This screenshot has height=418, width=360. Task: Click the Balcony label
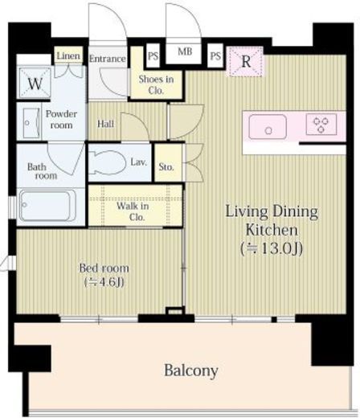point(191,371)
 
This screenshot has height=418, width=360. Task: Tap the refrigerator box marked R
point(245,62)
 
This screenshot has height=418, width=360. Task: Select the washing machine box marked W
point(35,84)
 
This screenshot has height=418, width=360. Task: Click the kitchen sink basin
point(268,127)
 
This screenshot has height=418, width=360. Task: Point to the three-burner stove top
point(321,124)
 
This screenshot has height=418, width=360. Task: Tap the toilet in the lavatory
point(107,162)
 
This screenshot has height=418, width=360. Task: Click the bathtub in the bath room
point(47,206)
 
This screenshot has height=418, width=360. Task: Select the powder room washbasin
point(31,123)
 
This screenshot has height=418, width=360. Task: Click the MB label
point(185,51)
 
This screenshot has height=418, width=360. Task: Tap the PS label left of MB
point(153,56)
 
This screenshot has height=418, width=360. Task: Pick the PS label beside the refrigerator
point(215,56)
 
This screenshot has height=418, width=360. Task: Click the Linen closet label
point(68,56)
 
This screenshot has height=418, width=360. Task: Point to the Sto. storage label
point(166,167)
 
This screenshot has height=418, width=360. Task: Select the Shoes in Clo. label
point(156,84)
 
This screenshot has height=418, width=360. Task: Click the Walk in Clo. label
point(133,211)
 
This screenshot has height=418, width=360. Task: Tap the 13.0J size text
point(272,248)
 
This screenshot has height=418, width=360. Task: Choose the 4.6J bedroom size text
point(104,282)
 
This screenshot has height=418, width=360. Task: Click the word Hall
point(105,124)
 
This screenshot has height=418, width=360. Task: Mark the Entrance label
point(108,59)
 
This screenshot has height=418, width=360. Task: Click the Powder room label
point(61,119)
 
